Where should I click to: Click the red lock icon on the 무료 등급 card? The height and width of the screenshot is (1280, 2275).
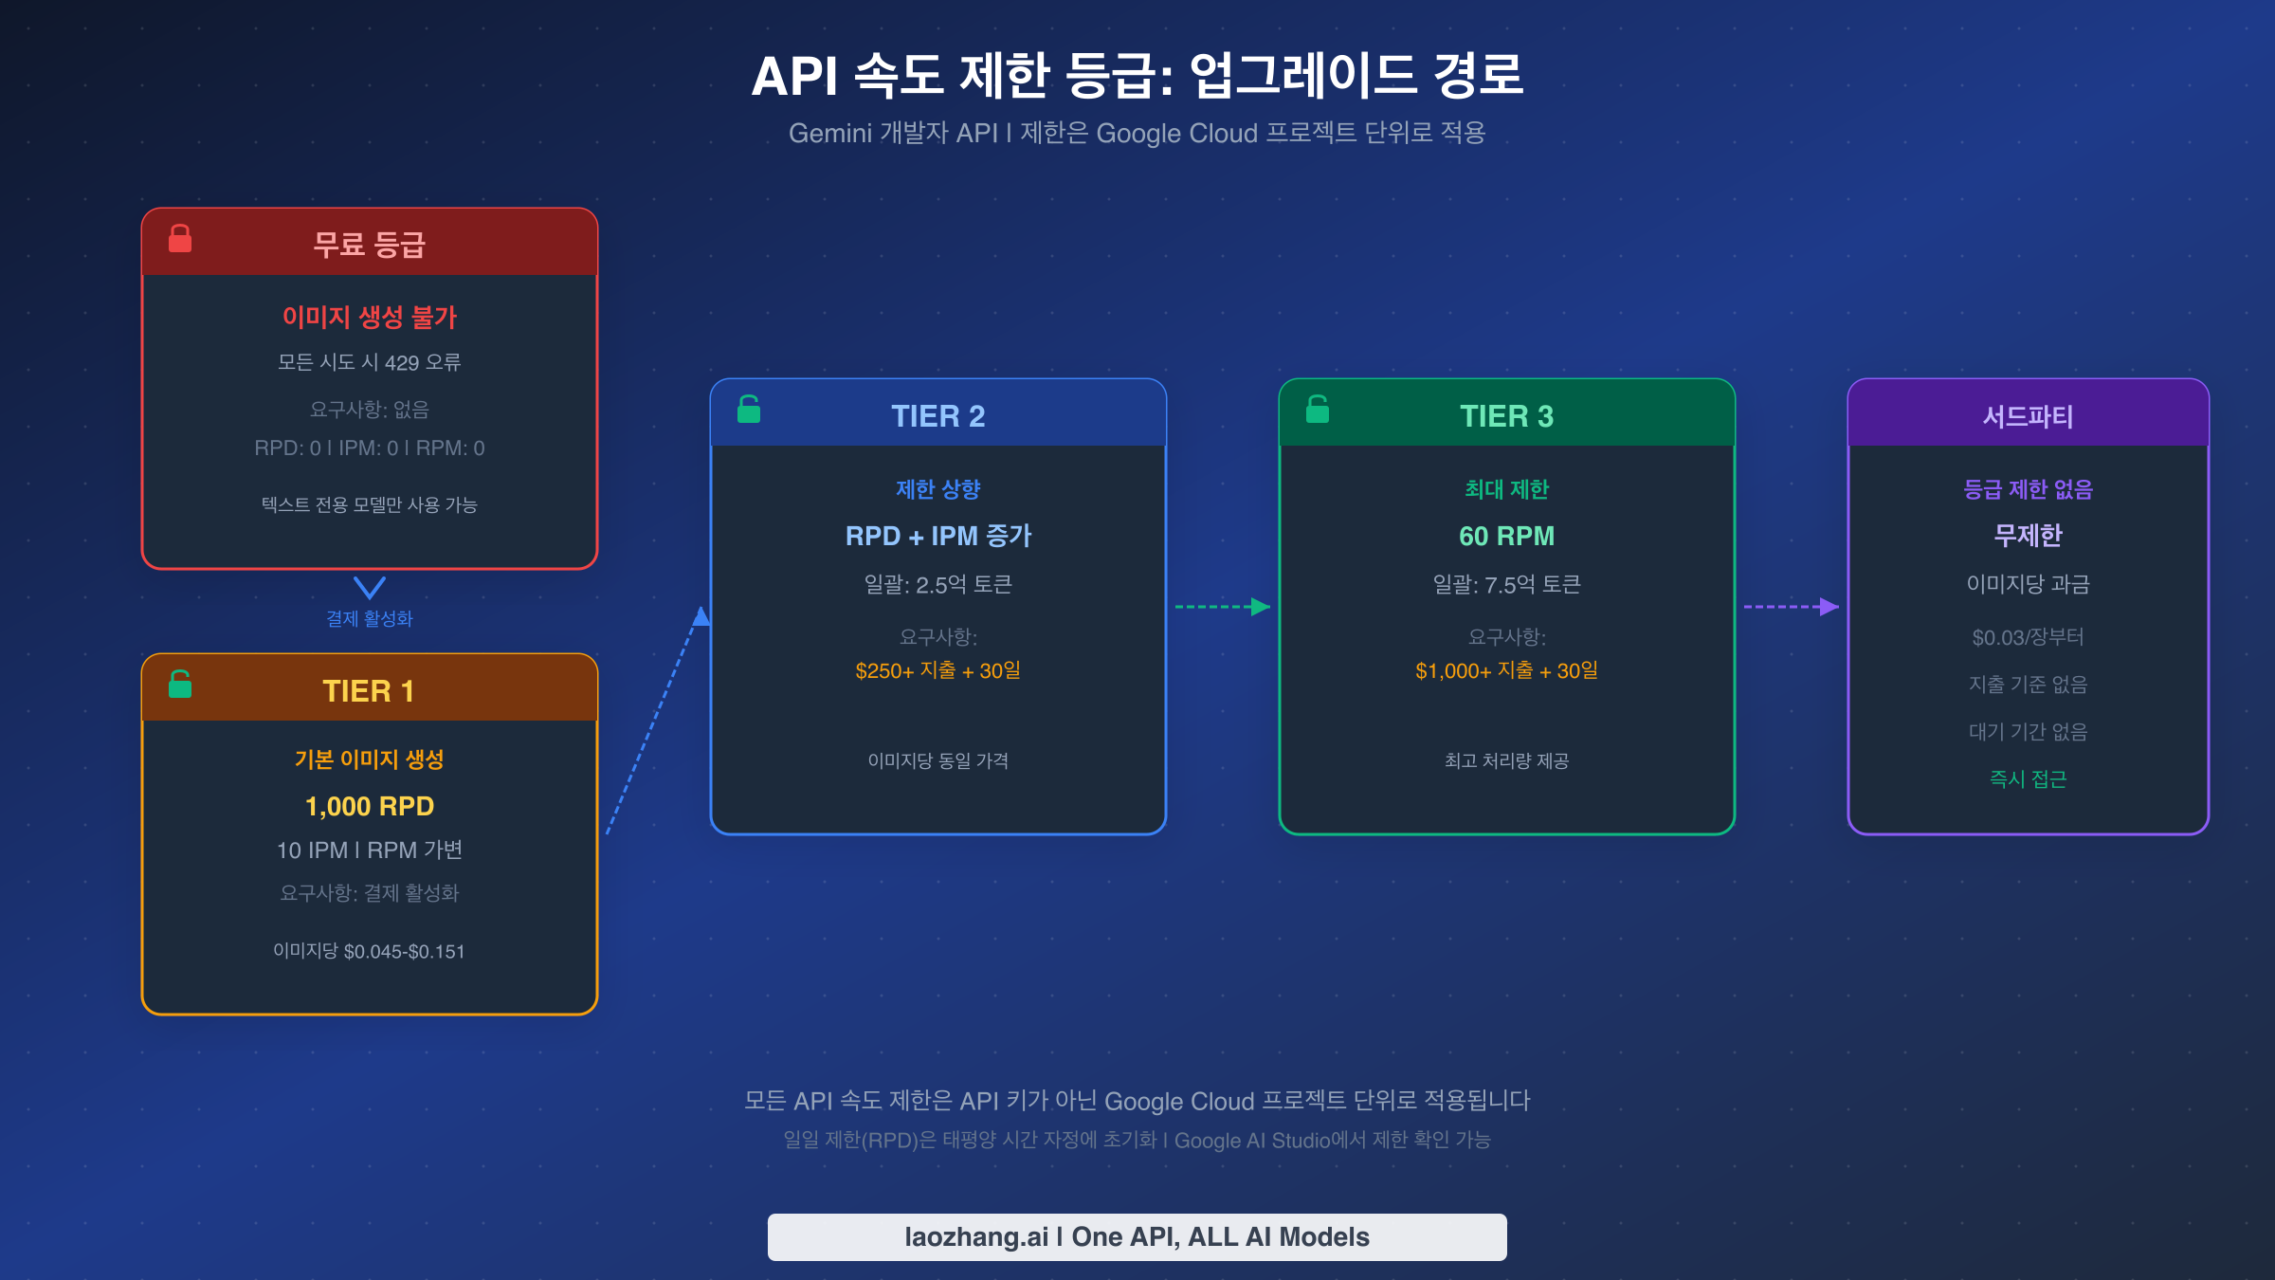(x=180, y=239)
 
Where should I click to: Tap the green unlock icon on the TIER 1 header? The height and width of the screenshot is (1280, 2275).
(x=180, y=685)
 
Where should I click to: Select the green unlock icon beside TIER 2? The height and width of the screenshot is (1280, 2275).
(x=749, y=410)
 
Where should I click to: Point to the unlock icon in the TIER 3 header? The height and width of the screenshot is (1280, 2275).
(x=1318, y=410)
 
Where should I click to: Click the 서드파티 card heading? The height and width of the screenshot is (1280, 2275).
(x=2028, y=416)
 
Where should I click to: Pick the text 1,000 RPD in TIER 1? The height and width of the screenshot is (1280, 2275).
(x=370, y=806)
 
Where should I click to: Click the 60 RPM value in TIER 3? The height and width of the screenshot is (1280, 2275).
(x=1506, y=536)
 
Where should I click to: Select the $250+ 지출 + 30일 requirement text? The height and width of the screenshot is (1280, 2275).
(x=937, y=670)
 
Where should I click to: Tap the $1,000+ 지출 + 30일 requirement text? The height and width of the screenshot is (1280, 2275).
(x=1506, y=670)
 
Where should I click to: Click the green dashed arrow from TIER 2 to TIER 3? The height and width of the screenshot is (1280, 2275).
(x=1222, y=607)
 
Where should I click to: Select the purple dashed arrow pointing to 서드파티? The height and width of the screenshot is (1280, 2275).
(x=1791, y=607)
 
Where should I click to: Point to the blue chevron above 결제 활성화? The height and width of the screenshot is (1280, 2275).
(x=370, y=587)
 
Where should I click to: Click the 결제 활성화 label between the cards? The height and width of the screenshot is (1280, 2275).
(x=370, y=619)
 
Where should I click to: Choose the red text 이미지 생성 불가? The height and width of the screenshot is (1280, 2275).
(x=370, y=317)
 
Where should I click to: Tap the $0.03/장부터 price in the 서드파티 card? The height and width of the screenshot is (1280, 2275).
(x=2028, y=637)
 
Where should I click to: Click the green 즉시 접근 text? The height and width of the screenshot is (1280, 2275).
(x=2028, y=779)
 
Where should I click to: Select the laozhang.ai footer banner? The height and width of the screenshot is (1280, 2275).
(x=1137, y=1236)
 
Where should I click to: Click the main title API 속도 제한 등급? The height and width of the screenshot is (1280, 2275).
(x=1137, y=76)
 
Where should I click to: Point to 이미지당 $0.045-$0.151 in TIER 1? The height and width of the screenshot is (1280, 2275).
(x=370, y=951)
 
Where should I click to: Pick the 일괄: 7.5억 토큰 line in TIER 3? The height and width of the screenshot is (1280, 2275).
(x=1506, y=584)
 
